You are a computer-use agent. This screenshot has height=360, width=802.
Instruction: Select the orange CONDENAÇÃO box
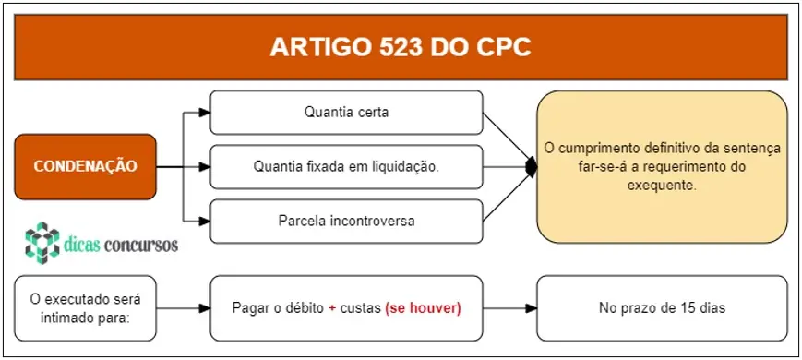pos(85,167)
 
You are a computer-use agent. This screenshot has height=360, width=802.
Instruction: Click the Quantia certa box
pos(346,113)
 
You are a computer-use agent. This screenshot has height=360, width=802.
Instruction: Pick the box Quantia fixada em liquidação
pos(346,167)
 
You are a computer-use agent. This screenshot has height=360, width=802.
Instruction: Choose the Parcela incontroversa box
pos(346,222)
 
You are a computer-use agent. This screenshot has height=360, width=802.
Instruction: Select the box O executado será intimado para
pos(85,307)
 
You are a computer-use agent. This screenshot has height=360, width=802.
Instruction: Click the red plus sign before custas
pos(332,307)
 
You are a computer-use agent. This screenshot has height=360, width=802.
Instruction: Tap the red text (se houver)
pos(423,307)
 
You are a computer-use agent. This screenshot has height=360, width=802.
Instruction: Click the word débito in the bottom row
pos(297,307)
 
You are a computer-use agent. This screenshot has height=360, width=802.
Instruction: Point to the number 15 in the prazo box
pos(685,307)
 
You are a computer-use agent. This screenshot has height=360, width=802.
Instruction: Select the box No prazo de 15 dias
pos(662,307)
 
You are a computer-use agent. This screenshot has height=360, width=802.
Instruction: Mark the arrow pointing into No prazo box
pos(530,307)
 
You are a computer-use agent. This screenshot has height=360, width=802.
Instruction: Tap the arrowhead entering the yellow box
pos(531,167)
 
